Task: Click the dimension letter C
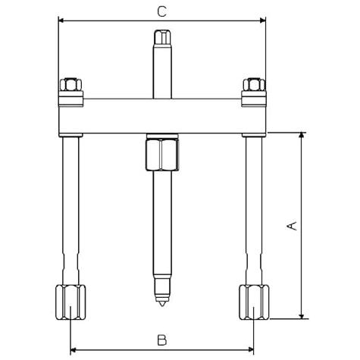161,11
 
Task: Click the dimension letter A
292,226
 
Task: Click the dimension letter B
162,340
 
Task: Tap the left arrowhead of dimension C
61,20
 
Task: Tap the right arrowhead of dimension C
262,20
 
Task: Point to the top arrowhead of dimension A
301,135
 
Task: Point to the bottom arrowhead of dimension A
301,315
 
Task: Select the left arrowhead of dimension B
74,350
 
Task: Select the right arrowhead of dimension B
250,350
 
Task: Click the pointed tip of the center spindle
162,306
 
